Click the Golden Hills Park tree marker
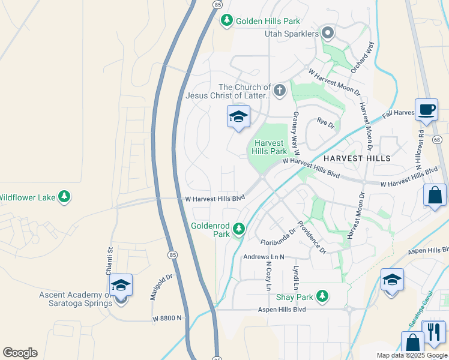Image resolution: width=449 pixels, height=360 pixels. (x=226, y=21)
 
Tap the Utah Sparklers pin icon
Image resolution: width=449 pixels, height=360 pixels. (x=328, y=33)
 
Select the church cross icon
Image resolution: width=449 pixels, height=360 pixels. (x=279, y=91)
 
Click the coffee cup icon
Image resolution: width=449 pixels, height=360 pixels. (x=426, y=110)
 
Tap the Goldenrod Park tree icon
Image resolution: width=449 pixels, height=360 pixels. (x=239, y=229)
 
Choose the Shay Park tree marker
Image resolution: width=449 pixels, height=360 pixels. (x=322, y=296)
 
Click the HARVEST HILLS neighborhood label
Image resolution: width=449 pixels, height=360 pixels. (x=357, y=158)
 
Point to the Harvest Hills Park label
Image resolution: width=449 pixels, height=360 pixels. (x=271, y=148)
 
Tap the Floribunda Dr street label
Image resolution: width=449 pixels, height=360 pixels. (x=279, y=236)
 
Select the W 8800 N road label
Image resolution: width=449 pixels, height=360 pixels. (x=167, y=318)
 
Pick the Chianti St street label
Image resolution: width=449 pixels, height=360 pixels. (x=110, y=261)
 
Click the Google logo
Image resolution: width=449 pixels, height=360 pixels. (x=20, y=353)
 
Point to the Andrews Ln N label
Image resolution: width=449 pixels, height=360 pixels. (x=263, y=257)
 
